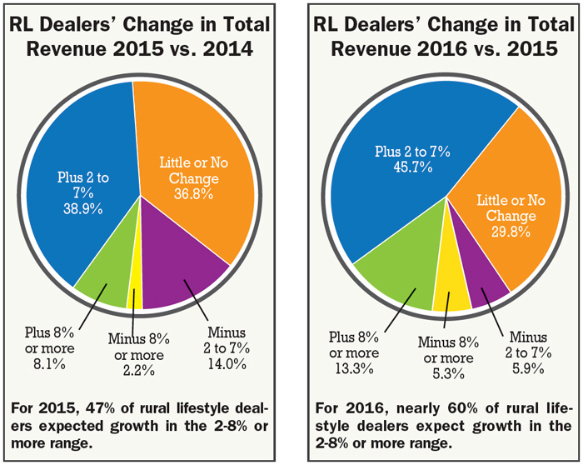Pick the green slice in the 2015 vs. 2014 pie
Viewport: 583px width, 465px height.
tap(104, 283)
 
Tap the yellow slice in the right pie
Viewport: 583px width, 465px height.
tap(453, 296)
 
